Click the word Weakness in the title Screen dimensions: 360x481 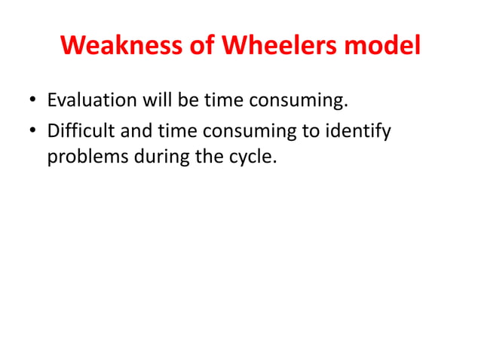(x=117, y=47)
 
